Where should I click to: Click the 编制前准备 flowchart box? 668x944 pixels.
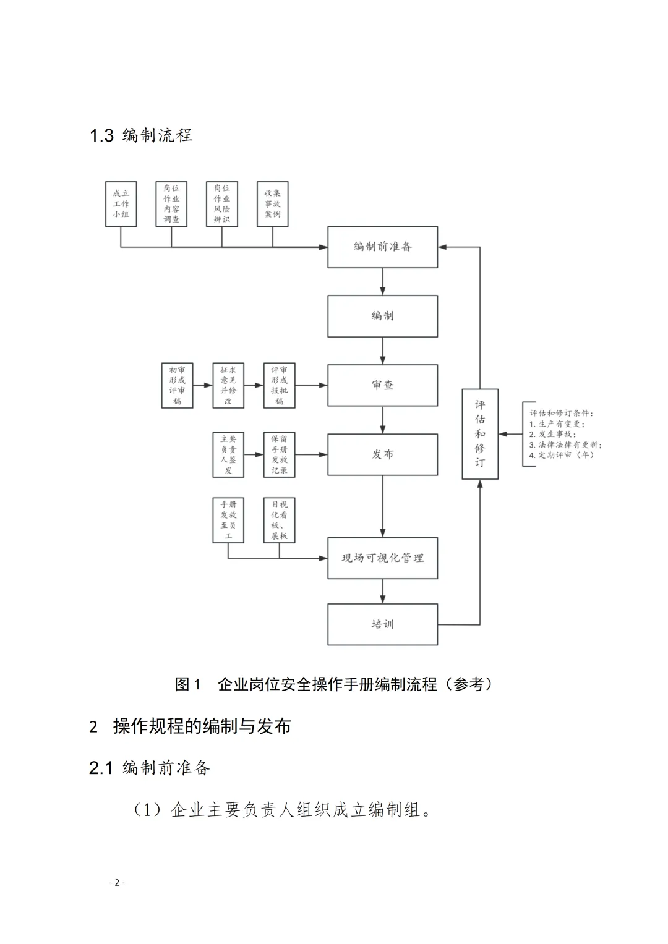[x=382, y=247]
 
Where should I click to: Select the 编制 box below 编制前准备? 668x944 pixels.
[x=382, y=316]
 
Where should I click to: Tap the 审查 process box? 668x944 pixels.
[x=382, y=385]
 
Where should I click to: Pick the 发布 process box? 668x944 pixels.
[x=382, y=454]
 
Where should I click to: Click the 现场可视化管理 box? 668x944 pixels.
[x=382, y=558]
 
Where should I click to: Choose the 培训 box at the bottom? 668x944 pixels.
[x=382, y=624]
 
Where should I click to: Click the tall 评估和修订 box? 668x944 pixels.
[x=480, y=433]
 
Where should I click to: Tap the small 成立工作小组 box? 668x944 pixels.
[x=121, y=204]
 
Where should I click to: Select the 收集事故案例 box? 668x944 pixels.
[x=272, y=204]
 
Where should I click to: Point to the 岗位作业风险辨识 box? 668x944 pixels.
[x=221, y=204]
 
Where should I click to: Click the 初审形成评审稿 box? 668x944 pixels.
[x=177, y=386]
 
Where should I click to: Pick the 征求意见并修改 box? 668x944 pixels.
[x=228, y=386]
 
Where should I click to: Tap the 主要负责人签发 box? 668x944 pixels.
[x=228, y=455]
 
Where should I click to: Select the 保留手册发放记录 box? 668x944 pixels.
[x=279, y=455]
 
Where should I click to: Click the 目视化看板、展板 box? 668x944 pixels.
[x=279, y=521]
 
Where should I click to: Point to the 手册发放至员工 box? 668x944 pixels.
[x=228, y=521]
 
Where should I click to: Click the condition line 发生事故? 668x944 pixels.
[x=552, y=435]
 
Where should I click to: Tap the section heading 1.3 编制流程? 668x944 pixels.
[x=141, y=135]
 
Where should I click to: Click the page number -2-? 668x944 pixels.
[x=116, y=883]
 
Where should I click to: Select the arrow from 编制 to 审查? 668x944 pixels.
[x=383, y=351]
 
